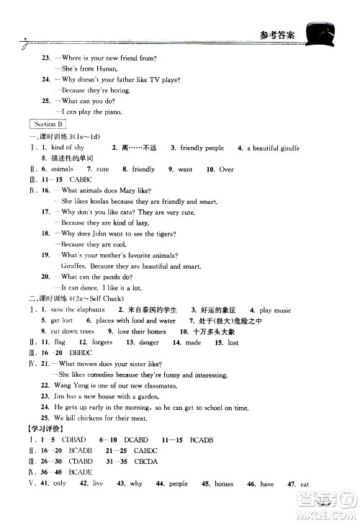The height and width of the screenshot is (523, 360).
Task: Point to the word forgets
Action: point(102,342)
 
